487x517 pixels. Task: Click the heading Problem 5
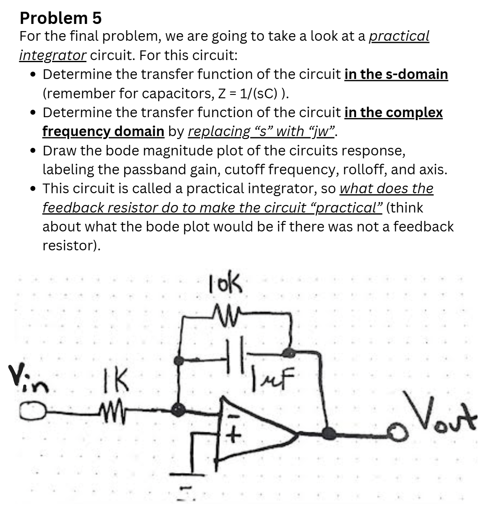pos(60,18)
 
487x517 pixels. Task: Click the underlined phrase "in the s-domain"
pos(396,74)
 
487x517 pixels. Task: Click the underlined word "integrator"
pos(53,55)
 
